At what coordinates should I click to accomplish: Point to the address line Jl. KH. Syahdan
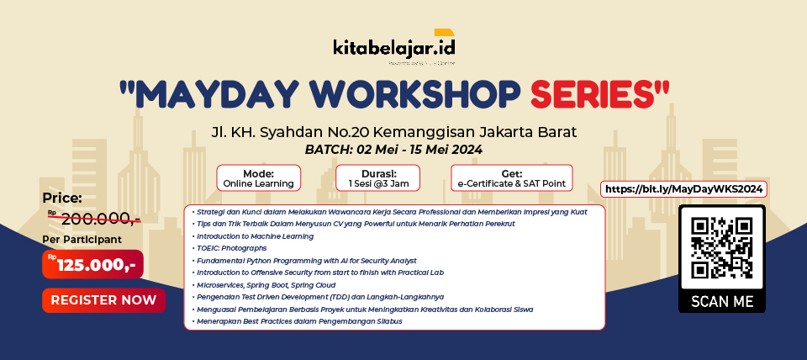(x=393, y=132)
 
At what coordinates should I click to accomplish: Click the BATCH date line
(x=393, y=150)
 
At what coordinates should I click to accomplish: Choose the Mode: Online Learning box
(x=258, y=177)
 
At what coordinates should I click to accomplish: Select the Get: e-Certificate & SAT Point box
(x=511, y=177)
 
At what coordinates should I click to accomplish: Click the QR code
(x=721, y=247)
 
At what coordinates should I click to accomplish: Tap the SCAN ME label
(x=721, y=301)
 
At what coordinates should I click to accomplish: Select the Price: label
(x=63, y=199)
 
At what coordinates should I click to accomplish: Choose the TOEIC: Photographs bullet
(x=232, y=248)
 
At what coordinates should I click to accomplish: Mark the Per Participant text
(x=82, y=239)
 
